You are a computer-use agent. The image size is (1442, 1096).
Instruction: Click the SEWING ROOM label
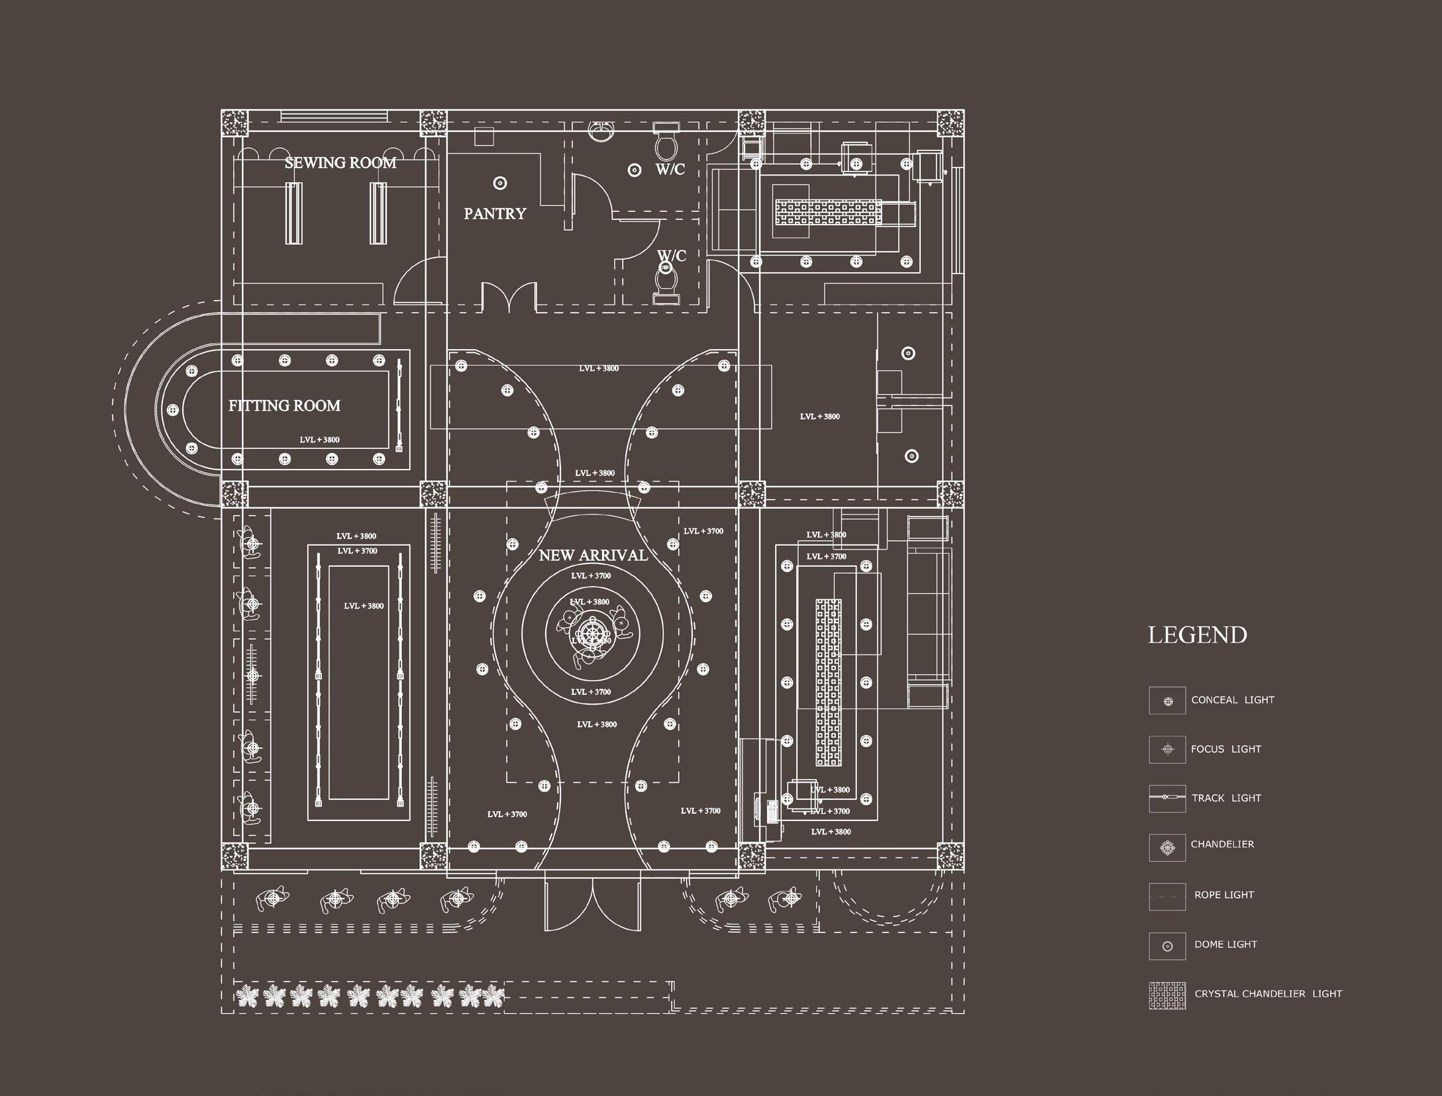coord(340,163)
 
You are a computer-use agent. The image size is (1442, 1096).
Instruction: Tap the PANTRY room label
coord(495,214)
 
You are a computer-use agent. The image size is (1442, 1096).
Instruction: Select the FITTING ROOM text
coord(284,406)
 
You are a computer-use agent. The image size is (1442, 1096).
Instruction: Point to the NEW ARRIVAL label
coord(593,556)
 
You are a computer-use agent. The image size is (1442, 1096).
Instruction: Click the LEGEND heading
coord(1197,635)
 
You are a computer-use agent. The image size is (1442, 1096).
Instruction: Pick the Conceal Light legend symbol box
coord(1167,701)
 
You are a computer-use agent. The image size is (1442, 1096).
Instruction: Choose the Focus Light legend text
coord(1225,749)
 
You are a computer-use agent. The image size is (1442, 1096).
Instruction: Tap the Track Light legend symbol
coord(1167,798)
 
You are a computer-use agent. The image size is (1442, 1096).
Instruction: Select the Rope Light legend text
coord(1224,895)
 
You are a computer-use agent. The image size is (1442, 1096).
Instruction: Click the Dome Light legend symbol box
coord(1167,946)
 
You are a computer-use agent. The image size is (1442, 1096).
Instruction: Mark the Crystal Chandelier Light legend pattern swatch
coord(1167,996)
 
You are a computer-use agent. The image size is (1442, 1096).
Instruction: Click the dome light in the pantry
coord(500,183)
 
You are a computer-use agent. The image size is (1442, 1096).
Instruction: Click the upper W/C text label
coord(670,170)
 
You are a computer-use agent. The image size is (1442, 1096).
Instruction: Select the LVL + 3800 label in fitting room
coord(319,440)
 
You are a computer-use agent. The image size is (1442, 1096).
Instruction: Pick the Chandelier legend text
coord(1222,844)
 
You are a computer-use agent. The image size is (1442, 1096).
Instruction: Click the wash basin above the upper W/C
coord(602,130)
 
